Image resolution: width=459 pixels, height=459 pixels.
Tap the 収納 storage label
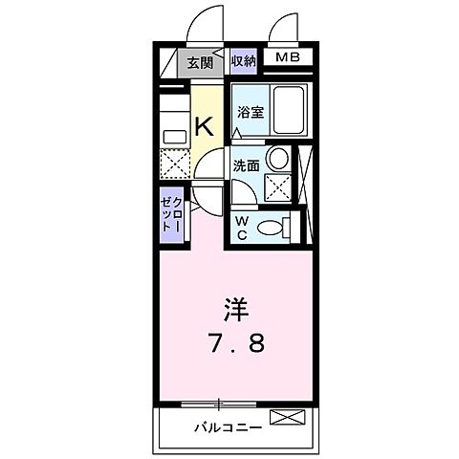point(244,61)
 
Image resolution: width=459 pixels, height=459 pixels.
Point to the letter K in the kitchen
point(205,125)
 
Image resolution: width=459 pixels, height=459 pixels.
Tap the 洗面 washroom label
point(248,165)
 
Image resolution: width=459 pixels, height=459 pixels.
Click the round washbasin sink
point(278,159)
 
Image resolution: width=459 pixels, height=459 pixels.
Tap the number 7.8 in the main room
point(235,341)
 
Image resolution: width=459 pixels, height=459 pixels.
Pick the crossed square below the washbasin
point(278,186)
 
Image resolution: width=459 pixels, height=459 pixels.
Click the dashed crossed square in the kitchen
point(173,164)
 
